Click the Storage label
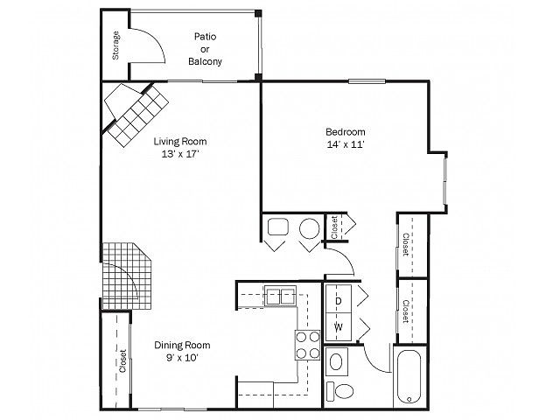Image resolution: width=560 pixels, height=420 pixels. coord(115,45)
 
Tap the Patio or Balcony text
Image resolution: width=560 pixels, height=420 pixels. coord(205,49)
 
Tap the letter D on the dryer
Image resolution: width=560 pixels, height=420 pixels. coord(339,301)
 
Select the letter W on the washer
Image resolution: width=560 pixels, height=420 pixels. coord(339,326)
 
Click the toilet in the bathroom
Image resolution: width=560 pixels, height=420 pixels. coord(340,391)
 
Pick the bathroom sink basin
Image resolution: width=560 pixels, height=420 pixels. coord(336,361)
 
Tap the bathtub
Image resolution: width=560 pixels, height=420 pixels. coord(409,378)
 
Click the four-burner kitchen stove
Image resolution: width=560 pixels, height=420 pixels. coord(307,345)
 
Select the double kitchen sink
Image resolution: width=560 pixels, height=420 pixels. coord(280,296)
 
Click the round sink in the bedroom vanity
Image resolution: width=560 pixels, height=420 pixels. coord(309,228)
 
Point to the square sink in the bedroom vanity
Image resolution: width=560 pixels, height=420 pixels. coord(278,227)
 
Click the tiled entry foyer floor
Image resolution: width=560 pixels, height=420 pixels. coord(128,276)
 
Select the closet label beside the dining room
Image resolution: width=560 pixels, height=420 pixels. coord(122,360)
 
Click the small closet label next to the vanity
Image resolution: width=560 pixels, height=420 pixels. coord(334,227)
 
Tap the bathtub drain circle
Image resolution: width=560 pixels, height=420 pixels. coord(409,399)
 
